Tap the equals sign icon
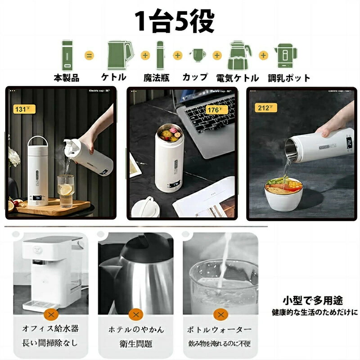(x=89, y=56)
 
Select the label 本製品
(x=66, y=78)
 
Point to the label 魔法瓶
(x=157, y=78)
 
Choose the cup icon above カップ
(x=198, y=55)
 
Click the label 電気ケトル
(x=238, y=78)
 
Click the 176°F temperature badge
(x=213, y=109)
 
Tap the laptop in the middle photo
(x=205, y=117)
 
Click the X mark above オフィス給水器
(x=52, y=314)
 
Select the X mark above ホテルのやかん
(x=136, y=314)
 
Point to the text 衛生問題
(x=136, y=343)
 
